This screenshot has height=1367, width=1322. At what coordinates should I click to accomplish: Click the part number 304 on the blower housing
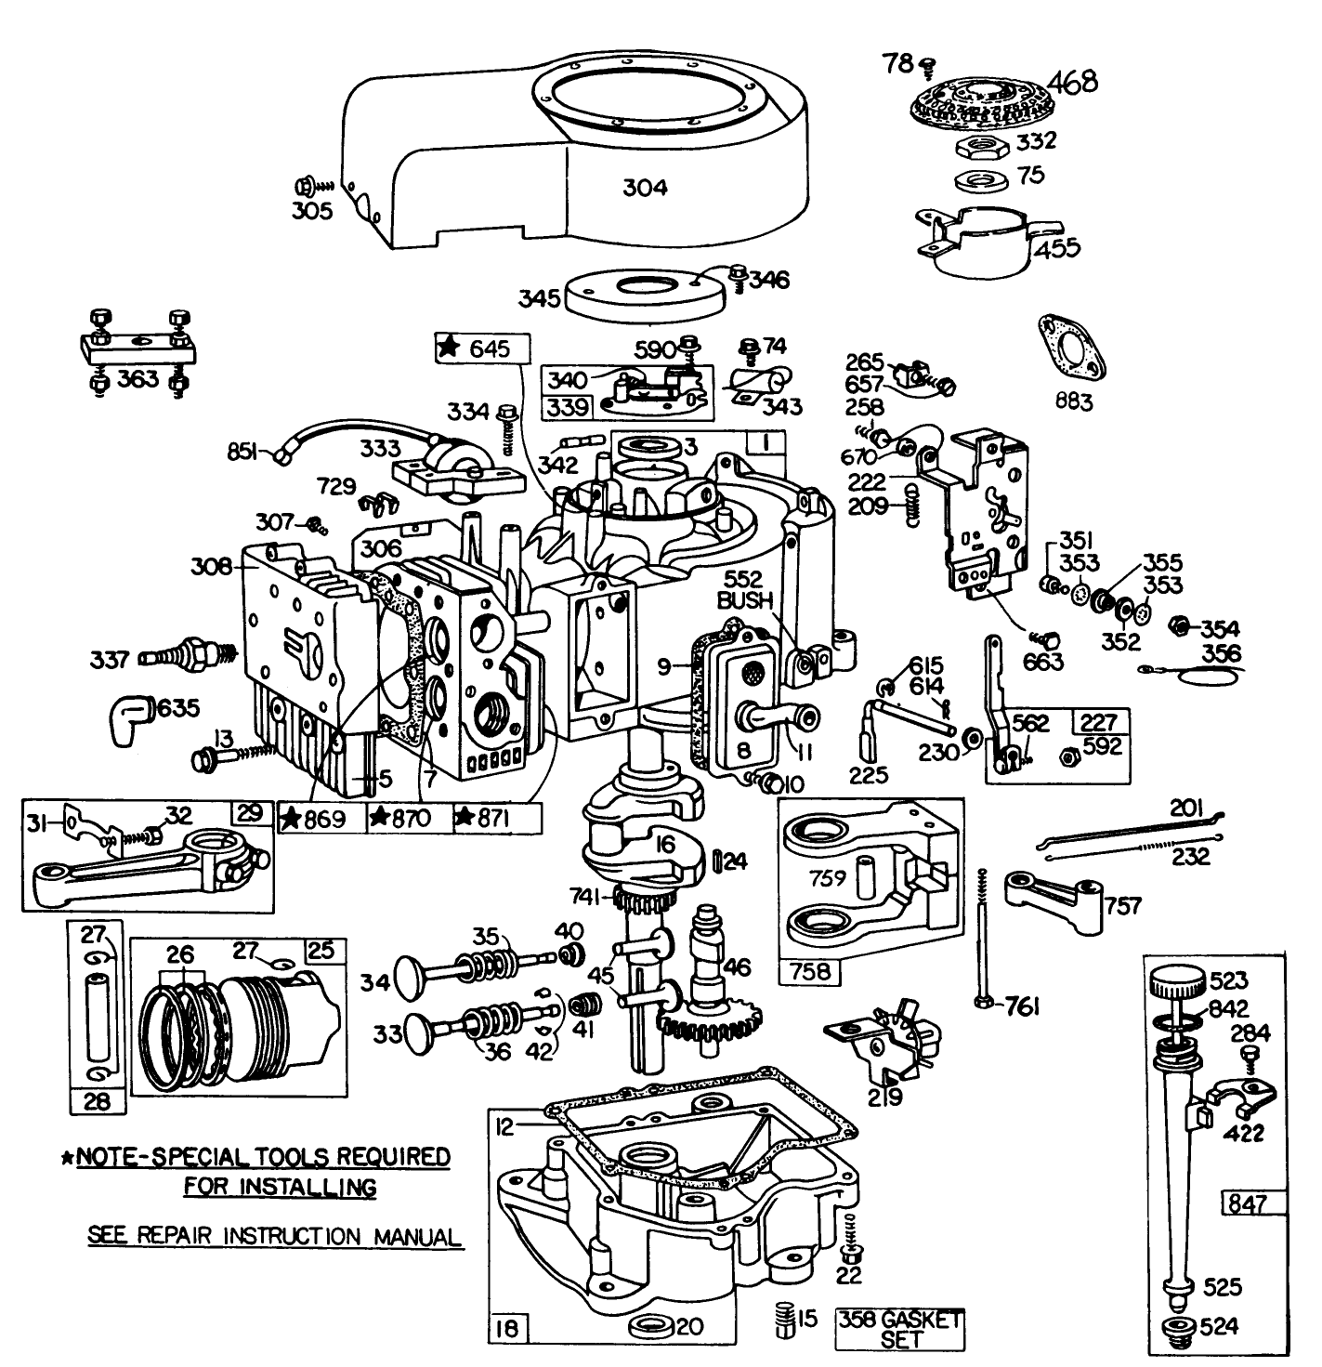click(644, 187)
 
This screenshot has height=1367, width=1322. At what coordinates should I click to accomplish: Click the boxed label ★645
click(481, 348)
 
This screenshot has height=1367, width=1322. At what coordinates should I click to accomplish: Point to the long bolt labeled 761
click(982, 939)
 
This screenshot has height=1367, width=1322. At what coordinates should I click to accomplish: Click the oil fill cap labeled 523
click(1174, 983)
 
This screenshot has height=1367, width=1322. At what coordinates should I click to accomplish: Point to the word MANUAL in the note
click(416, 1237)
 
